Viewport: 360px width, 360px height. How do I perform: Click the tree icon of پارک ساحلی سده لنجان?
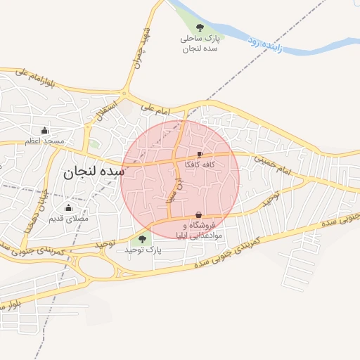(200, 28)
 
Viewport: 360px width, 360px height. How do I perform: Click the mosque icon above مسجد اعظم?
(45, 130)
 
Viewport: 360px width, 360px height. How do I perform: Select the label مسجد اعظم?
(45, 141)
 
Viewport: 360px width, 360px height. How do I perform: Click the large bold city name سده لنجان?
(93, 171)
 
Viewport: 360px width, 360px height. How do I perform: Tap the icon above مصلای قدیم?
(68, 207)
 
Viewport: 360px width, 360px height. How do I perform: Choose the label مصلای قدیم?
(68, 219)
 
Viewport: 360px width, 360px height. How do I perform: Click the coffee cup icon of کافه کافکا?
(200, 154)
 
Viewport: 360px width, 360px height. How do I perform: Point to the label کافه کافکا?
(200, 165)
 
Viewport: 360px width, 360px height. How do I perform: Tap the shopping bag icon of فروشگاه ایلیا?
(198, 215)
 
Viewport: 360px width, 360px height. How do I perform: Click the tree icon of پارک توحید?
(143, 240)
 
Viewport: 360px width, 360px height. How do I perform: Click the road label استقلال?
(103, 112)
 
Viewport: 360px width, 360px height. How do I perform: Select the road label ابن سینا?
(169, 191)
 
